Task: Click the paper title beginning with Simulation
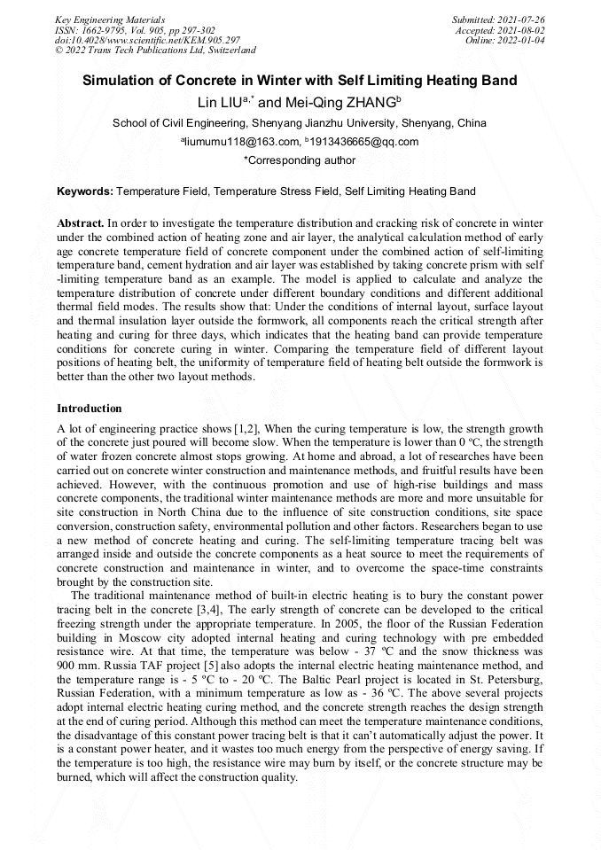tap(300, 81)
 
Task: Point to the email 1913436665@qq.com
tap(364, 142)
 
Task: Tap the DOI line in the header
tap(147, 41)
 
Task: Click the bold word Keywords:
tap(85, 191)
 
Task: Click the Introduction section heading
tap(89, 409)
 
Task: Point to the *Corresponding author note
tap(300, 161)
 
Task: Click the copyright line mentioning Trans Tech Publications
tap(155, 51)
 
